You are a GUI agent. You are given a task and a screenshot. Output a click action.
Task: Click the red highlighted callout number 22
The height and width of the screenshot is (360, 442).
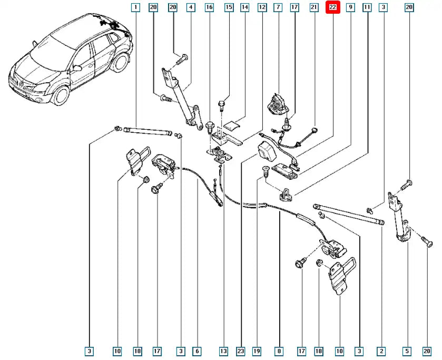pos(333,7)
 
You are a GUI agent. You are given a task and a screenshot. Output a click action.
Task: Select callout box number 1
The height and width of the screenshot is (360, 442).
pos(135,7)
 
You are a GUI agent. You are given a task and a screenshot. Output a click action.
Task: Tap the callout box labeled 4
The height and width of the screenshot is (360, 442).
pos(191,7)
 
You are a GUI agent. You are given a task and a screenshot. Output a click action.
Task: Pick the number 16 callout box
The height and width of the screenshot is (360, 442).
pos(209,7)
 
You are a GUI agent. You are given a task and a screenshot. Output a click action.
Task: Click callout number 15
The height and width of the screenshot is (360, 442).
pos(229,7)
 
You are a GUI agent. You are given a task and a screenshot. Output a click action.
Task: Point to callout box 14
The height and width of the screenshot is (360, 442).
pos(244,7)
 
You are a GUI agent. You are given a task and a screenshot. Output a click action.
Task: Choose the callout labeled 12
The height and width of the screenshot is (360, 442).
pos(262,7)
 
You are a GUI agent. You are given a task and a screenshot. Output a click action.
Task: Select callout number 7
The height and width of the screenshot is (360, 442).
pos(278,7)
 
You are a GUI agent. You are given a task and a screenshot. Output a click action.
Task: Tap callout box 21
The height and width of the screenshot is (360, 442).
pos(314,7)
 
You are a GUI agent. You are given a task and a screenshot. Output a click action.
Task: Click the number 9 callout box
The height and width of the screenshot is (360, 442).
pos(350,7)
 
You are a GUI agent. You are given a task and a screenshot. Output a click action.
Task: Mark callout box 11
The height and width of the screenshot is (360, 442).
pos(367,7)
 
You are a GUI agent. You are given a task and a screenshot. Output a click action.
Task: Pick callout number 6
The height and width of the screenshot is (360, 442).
pos(197,351)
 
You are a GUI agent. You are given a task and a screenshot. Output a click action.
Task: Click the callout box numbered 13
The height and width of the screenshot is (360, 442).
pos(223,351)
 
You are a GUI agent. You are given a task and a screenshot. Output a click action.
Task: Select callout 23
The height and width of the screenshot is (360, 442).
pos(241,351)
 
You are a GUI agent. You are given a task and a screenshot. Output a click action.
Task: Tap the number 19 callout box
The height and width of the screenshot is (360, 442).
pos(257,351)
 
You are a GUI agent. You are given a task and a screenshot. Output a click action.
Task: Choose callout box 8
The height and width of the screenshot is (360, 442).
pos(279,351)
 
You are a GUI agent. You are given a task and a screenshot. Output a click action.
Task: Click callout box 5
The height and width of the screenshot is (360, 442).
pos(407,351)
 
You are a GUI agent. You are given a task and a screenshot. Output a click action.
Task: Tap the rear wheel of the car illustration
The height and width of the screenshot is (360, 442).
pos(122,62)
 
